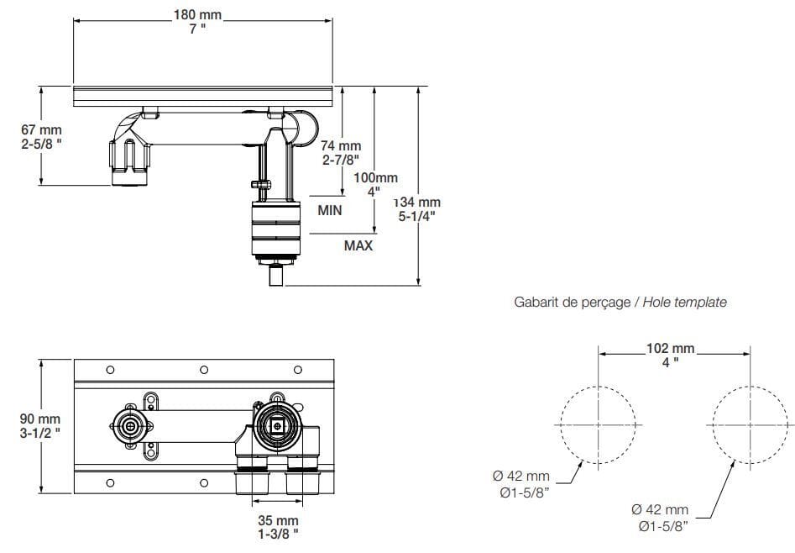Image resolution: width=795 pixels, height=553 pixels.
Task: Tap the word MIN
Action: (x=329, y=210)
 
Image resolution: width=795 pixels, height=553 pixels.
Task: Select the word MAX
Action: (x=358, y=245)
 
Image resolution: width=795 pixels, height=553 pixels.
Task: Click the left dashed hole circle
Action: (x=597, y=425)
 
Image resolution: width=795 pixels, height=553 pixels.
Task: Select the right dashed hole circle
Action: (x=748, y=425)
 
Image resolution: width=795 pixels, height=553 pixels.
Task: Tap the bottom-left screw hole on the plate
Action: (x=110, y=482)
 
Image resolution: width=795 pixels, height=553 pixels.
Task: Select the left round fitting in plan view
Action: (x=131, y=426)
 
